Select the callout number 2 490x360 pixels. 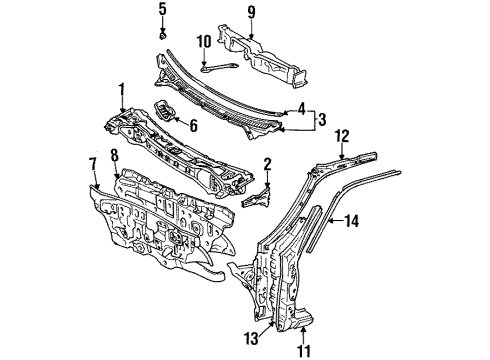point(267,163)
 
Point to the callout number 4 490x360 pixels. point(301,108)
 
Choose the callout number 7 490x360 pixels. point(92,161)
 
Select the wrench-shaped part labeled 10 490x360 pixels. point(220,65)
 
